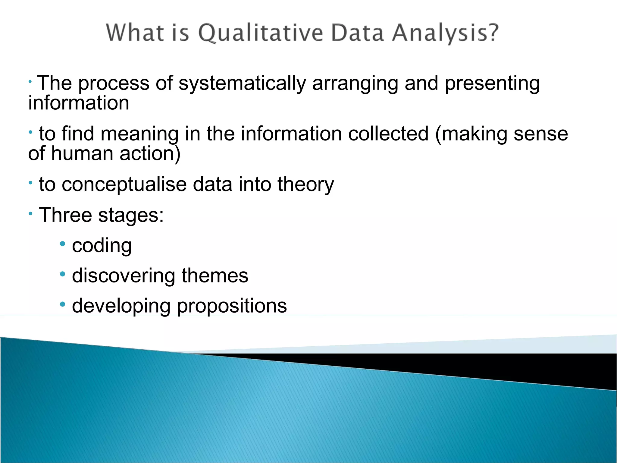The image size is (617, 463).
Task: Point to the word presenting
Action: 492,84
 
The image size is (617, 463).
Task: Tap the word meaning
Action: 139,134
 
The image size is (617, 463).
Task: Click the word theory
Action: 305,185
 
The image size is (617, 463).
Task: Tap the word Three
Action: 65,215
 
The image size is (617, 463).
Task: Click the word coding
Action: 102,246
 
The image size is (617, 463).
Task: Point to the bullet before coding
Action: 63,244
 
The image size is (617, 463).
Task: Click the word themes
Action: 215,276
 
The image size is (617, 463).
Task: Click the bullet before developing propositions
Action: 63,304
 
